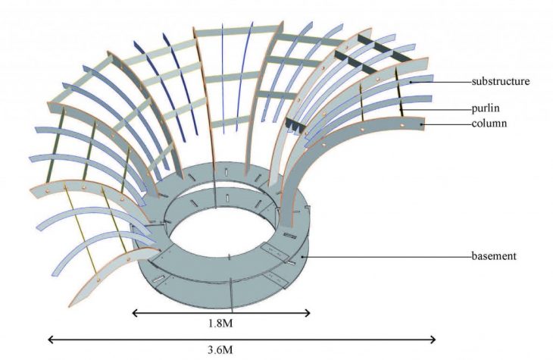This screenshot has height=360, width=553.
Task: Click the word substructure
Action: pyautogui.click(x=501, y=82)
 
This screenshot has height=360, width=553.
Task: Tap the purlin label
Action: pyautogui.click(x=486, y=108)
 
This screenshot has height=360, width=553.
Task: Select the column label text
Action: pyautogui.click(x=489, y=124)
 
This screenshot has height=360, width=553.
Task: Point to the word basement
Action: pyautogui.click(x=494, y=256)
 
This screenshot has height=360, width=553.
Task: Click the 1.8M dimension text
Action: pyautogui.click(x=220, y=324)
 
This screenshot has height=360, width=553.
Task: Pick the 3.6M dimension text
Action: pyautogui.click(x=220, y=349)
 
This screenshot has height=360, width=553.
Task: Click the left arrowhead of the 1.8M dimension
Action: pyautogui.click(x=135, y=313)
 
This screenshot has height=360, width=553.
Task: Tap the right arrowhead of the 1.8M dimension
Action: pyautogui.click(x=308, y=313)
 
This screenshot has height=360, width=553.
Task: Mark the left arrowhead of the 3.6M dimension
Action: pyautogui.click(x=51, y=340)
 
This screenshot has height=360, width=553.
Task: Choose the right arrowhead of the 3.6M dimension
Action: pyautogui.click(x=433, y=340)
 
